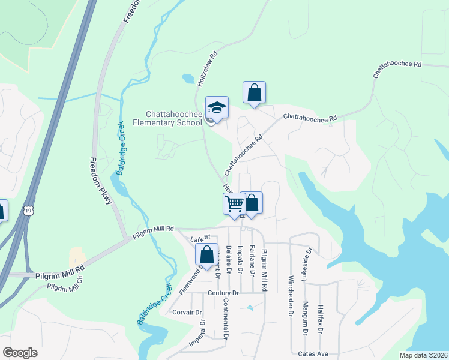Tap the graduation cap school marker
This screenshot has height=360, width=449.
click(x=217, y=108)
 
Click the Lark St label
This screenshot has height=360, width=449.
click(x=199, y=240)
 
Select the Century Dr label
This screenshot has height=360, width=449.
click(x=223, y=293)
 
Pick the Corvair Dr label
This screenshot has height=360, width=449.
click(x=186, y=313)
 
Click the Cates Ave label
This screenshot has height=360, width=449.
click(x=314, y=354)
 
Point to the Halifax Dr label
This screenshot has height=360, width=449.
click(x=321, y=319)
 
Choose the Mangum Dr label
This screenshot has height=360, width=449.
click(x=306, y=318)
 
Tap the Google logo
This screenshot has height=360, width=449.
click(x=20, y=353)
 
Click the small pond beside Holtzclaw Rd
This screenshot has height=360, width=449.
click(x=188, y=79)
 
